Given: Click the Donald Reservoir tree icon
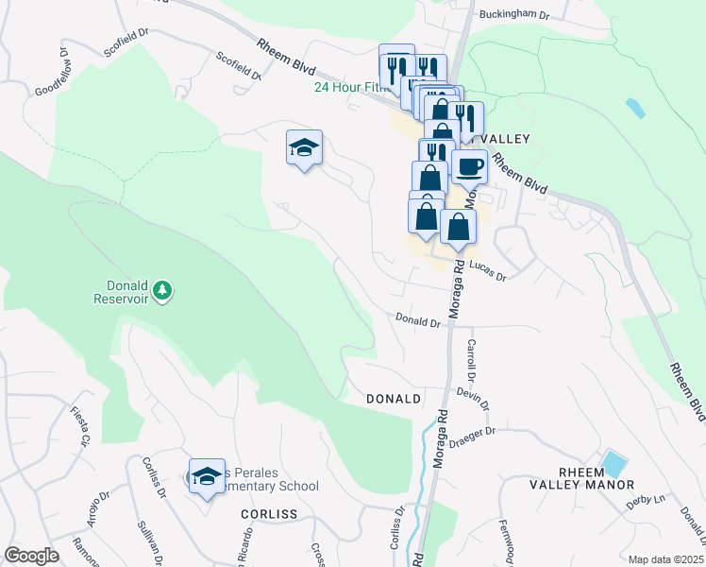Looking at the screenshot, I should (164, 290).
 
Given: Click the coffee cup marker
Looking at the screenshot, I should (469, 167).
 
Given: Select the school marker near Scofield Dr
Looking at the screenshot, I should (304, 148).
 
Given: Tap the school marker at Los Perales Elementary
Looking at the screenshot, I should (207, 477).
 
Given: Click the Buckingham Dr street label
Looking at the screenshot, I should (513, 14).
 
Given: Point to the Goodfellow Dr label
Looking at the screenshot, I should (53, 74).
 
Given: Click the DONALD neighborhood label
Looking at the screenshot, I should (393, 399).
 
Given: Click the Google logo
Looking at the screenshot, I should (31, 556).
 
